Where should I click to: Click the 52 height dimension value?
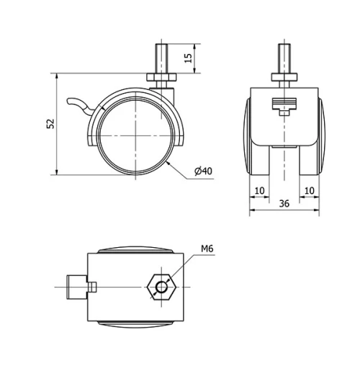(50, 123)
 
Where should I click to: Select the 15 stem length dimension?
(189, 58)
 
